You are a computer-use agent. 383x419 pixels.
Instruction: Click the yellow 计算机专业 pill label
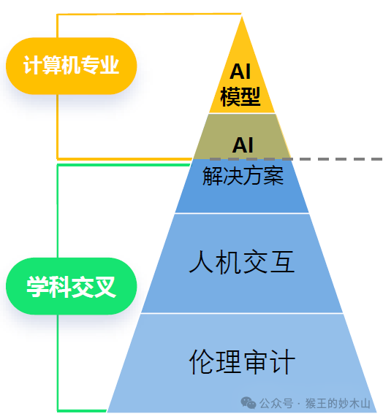[x=71, y=66]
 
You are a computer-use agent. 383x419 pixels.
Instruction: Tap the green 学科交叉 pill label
[x=71, y=285]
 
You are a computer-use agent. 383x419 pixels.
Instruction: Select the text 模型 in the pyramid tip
[x=240, y=96]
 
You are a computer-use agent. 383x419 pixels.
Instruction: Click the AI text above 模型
[x=240, y=72]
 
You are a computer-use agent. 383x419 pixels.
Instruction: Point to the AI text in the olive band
[x=243, y=144]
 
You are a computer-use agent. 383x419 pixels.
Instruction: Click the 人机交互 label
[x=242, y=262]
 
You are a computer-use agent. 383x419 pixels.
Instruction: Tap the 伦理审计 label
[x=242, y=361]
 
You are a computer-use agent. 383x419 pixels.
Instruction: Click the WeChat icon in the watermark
[x=249, y=404]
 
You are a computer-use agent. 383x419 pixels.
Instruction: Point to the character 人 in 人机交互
[x=201, y=262]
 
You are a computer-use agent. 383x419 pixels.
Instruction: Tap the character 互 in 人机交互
[x=283, y=262]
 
